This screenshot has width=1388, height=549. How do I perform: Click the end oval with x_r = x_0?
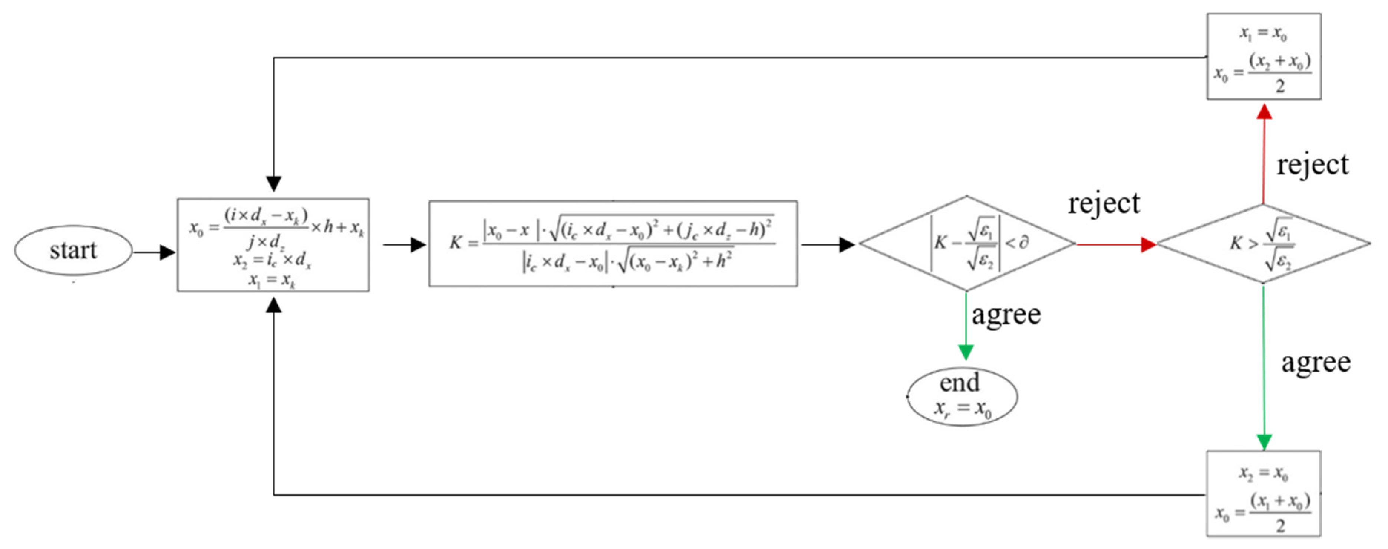point(962,397)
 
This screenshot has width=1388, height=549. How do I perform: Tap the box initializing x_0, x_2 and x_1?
point(273,245)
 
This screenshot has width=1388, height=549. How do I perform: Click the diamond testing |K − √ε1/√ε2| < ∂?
point(967,243)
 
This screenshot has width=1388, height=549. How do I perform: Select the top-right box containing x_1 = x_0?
point(1263,57)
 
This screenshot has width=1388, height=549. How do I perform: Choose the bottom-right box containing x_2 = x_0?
point(1263,493)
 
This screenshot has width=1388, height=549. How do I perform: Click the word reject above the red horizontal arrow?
point(1104,204)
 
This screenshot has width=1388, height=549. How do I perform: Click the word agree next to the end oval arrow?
point(1006,314)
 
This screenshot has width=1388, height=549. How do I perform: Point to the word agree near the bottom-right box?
point(1315,362)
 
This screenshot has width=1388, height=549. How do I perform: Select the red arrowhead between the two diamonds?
point(1148,244)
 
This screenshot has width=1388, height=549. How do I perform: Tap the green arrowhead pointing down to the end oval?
point(966,353)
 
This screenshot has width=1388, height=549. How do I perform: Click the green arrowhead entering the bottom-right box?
point(1264,442)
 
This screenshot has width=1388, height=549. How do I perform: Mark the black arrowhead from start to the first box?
point(167,252)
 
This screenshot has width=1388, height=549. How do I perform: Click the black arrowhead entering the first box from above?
point(274,183)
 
